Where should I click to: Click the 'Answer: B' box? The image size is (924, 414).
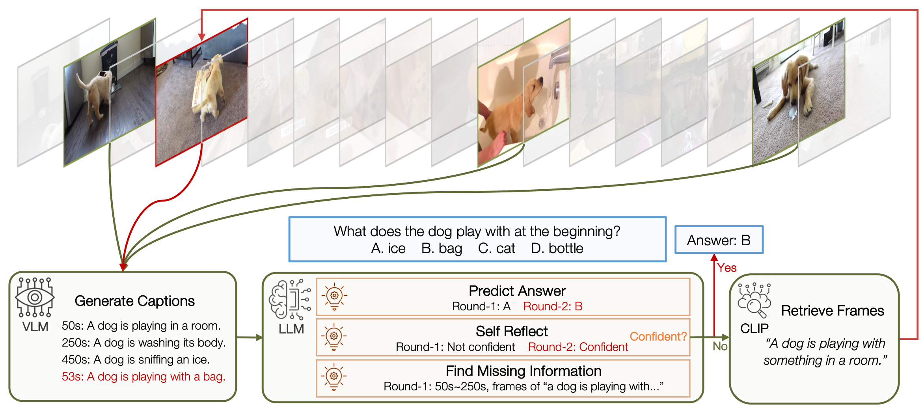(x=719, y=240)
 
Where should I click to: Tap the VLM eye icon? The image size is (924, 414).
(x=34, y=297)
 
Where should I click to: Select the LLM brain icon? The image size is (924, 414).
(x=290, y=299)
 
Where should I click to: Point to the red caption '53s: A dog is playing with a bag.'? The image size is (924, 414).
(x=143, y=377)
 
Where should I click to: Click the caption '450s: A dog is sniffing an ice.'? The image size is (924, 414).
(x=136, y=360)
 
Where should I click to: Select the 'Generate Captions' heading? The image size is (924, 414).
(x=134, y=301)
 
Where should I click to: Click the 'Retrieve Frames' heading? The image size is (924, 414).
(x=832, y=311)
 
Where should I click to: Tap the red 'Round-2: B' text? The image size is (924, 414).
(x=553, y=306)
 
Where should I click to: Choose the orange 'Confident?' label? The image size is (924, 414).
(x=658, y=336)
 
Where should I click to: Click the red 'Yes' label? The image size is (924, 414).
(x=727, y=268)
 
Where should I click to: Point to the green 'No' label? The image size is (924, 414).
(x=720, y=346)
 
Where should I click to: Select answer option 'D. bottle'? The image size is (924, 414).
(x=557, y=248)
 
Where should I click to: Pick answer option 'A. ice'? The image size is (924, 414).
(x=388, y=248)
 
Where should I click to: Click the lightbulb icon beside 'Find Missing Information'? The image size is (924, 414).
(x=333, y=377)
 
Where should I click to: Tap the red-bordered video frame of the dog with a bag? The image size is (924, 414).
(x=201, y=93)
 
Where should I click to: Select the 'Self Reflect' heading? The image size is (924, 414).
(x=511, y=331)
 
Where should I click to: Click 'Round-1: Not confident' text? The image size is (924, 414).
(x=455, y=347)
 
